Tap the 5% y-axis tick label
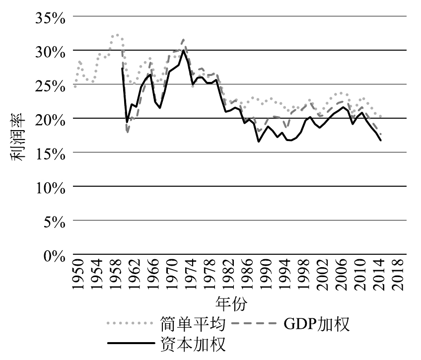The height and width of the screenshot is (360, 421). [x=55, y=221]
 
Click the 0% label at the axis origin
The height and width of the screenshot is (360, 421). [x=55, y=255]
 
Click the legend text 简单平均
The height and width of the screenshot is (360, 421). [x=194, y=324]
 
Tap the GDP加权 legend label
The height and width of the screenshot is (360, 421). [x=317, y=324]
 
